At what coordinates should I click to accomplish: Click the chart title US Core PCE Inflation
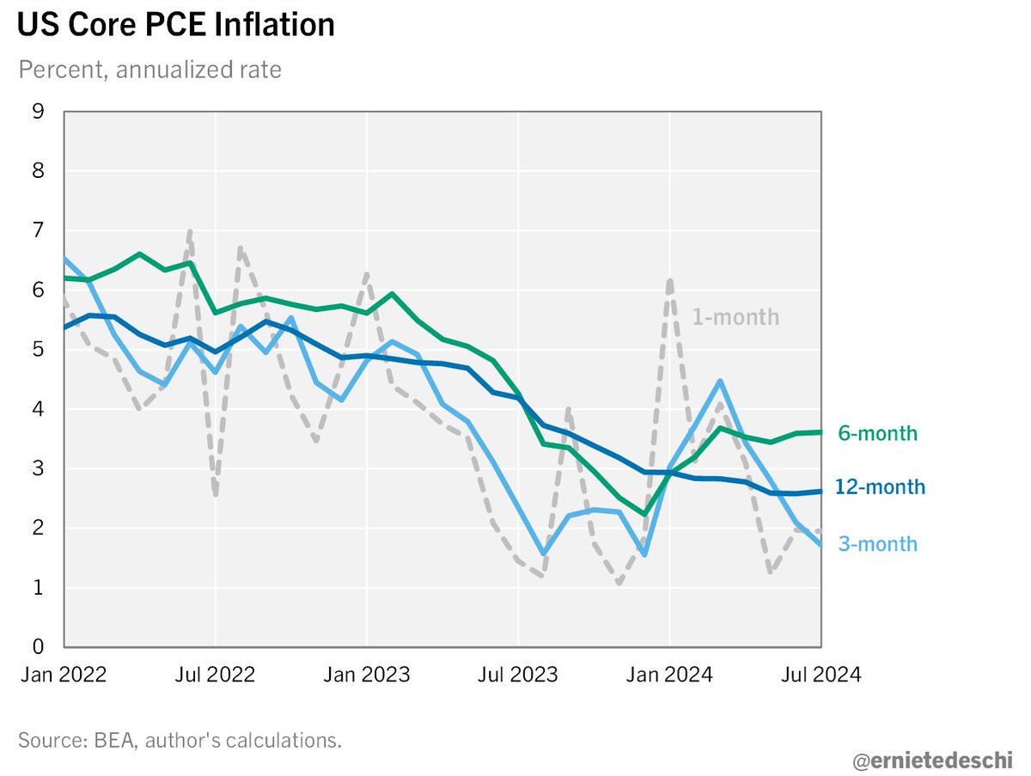[x=175, y=25]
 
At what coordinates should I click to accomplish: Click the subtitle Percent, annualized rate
[x=149, y=70]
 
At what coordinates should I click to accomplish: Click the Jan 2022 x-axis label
[x=63, y=675]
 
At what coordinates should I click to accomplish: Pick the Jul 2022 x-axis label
[x=215, y=675]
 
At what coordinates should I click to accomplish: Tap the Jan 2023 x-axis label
[x=367, y=675]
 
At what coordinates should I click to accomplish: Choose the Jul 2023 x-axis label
[x=518, y=675]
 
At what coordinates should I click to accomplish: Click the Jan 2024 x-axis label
[x=670, y=675]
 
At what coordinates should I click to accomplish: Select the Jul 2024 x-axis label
[x=821, y=675]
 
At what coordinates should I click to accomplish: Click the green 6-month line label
[x=877, y=434]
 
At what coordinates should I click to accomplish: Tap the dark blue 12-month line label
[x=881, y=487]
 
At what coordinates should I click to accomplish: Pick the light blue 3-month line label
[x=877, y=544]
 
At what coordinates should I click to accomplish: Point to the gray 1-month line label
[x=736, y=317]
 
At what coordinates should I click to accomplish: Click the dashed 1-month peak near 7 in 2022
[x=189, y=232]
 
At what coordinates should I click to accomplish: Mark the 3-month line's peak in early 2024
[x=720, y=381]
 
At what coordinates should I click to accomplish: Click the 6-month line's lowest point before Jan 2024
[x=644, y=514]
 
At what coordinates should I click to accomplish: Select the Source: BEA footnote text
[x=180, y=740]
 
